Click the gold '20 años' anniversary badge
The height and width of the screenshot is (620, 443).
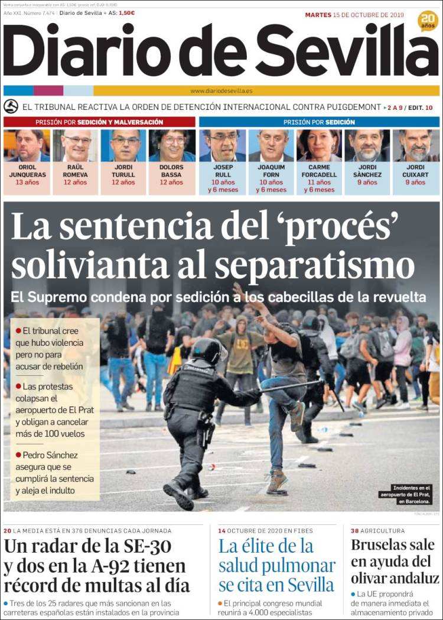click(x=428, y=21)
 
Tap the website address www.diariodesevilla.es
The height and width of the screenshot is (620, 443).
click(x=221, y=91)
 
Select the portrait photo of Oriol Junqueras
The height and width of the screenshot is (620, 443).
click(x=27, y=145)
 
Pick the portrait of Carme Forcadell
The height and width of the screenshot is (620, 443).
click(x=319, y=145)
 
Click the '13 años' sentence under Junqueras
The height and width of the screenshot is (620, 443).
click(x=27, y=183)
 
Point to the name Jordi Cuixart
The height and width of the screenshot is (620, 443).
click(x=415, y=171)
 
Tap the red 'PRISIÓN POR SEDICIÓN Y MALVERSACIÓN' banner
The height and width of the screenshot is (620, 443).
click(x=99, y=122)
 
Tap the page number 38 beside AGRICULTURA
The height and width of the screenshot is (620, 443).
click(x=355, y=531)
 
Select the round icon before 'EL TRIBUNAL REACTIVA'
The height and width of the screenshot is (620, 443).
click(x=11, y=107)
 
